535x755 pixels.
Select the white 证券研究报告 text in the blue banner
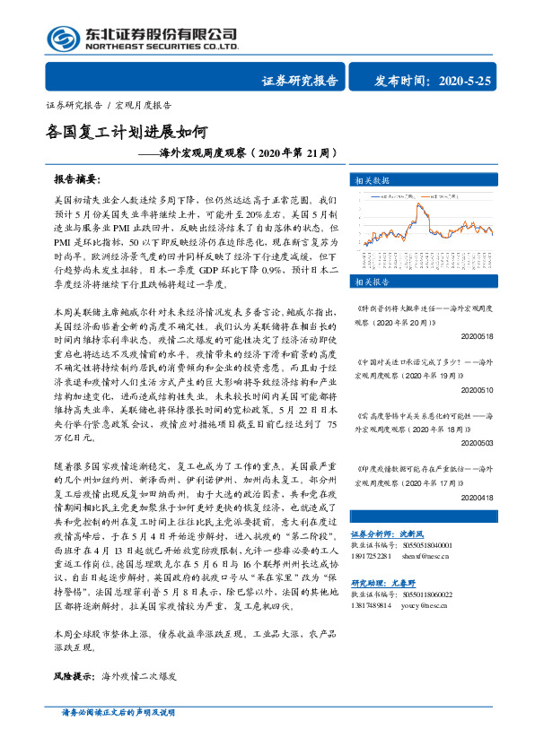click(x=300, y=81)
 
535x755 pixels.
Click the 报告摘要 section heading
click(x=79, y=178)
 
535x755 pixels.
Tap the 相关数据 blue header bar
click(x=434, y=179)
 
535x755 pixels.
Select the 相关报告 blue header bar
click(x=434, y=282)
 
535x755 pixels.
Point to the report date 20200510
click(x=475, y=391)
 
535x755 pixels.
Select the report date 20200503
click(x=475, y=443)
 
